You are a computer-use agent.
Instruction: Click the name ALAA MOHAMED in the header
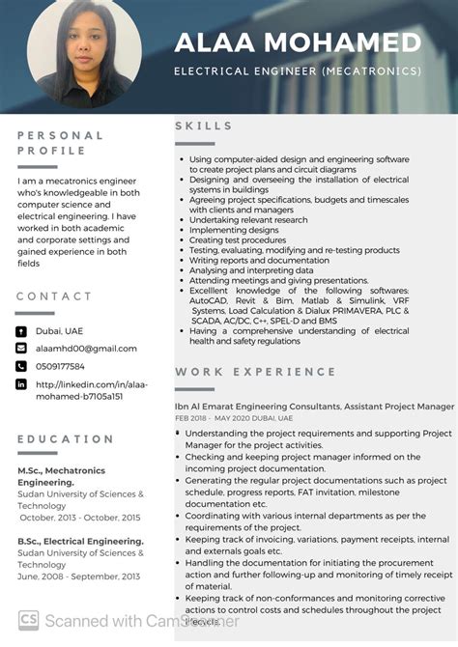click(x=298, y=42)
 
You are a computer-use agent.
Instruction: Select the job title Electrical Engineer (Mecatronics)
click(x=298, y=71)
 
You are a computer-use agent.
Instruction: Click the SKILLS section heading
click(x=204, y=126)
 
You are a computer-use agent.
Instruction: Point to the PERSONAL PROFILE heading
click(x=60, y=144)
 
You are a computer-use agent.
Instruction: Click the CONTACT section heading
click(x=54, y=296)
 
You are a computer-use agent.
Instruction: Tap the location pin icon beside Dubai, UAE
click(x=21, y=331)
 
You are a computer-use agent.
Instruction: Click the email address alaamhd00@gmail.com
click(x=86, y=349)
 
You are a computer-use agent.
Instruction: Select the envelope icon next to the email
click(x=21, y=349)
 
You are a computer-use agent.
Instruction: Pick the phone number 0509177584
click(x=60, y=366)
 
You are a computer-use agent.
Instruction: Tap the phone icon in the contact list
click(x=21, y=366)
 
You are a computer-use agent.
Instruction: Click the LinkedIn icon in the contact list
click(x=21, y=384)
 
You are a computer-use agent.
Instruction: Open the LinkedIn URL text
click(x=79, y=389)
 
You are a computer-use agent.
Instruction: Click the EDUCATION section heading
click(x=66, y=439)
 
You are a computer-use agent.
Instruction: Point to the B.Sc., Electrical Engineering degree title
click(x=80, y=542)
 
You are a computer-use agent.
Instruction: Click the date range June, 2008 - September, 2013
click(x=78, y=577)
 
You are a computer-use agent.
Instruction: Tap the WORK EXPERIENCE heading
click(x=256, y=372)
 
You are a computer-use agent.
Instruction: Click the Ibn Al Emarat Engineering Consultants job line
click(x=314, y=407)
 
